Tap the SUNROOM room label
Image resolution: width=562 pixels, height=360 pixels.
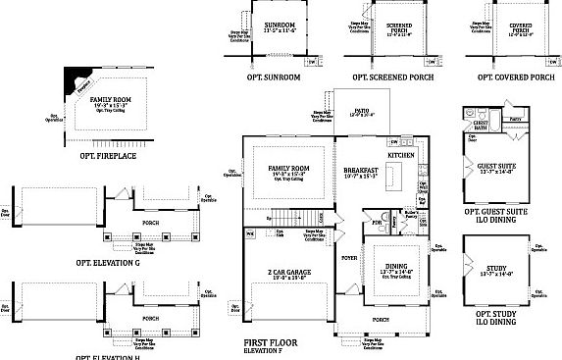pyautogui.click(x=266, y=25)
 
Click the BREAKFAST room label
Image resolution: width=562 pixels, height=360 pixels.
pyautogui.click(x=360, y=170)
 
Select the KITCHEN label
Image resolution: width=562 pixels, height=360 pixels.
pyautogui.click(x=402, y=156)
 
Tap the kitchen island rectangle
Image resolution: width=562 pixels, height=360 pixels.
pyautogui.click(x=397, y=178)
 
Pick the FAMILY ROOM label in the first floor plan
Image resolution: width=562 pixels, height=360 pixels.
pyautogui.click(x=288, y=170)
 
